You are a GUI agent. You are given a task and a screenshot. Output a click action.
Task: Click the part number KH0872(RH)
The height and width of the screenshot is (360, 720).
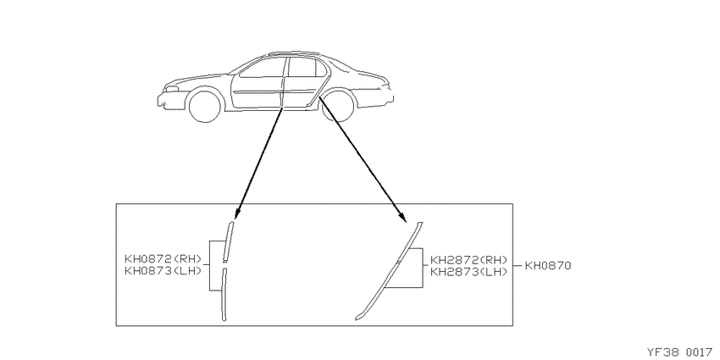click(x=163, y=259)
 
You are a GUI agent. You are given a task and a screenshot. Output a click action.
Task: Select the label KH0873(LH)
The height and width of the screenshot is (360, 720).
click(x=163, y=271)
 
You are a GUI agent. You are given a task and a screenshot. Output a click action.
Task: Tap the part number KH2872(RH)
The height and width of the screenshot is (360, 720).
click(x=468, y=260)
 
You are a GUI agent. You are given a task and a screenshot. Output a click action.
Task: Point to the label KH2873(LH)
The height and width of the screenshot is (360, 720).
click(x=468, y=272)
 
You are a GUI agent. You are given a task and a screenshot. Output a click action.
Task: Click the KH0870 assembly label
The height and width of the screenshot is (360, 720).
click(x=548, y=265)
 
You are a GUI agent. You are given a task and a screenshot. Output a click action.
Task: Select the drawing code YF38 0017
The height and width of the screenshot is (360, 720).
click(x=680, y=352)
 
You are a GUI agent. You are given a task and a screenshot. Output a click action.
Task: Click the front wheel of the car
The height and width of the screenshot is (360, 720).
click(x=205, y=107)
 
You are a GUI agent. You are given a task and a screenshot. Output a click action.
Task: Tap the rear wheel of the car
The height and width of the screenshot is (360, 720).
click(x=339, y=106)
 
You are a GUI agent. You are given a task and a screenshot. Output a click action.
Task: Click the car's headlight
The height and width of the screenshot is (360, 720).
click(x=172, y=89)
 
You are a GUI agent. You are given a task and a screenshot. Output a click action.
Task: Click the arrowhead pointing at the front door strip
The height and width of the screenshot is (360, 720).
click(x=237, y=213)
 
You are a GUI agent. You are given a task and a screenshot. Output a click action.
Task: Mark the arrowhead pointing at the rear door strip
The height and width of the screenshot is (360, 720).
click(x=402, y=216)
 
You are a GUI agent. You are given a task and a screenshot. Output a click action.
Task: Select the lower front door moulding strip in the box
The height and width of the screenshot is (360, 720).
click(x=224, y=294)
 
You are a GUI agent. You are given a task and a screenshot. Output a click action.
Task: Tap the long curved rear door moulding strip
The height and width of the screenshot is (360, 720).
click(x=390, y=271)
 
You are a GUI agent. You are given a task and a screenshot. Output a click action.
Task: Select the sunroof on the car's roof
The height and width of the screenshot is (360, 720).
click(x=294, y=53)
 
